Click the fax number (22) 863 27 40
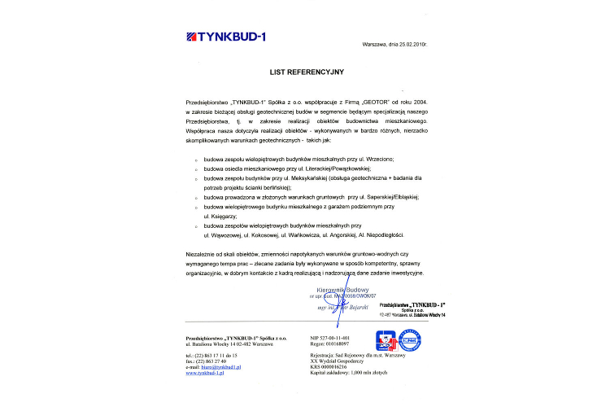215,361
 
